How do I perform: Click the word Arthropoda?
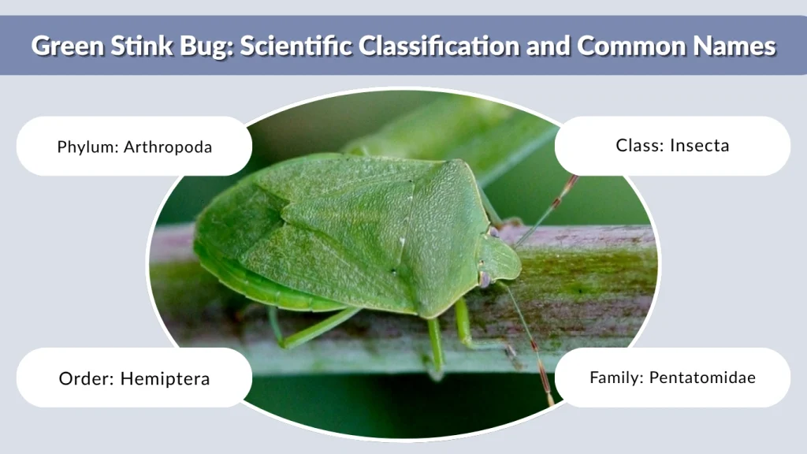168,147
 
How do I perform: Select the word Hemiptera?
165,379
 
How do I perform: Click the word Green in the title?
66,46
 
